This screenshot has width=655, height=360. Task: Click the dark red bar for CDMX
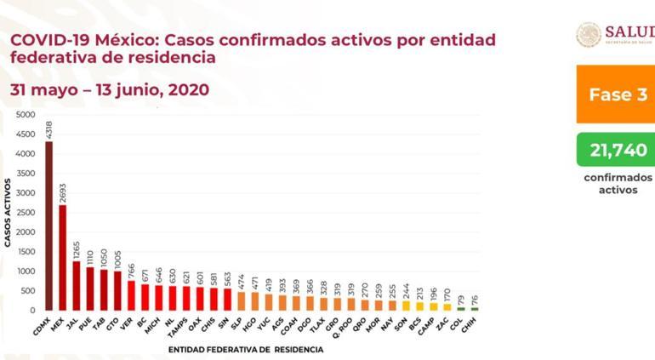point(48,226)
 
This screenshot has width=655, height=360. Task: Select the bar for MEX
point(62,257)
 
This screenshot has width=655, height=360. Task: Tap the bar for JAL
point(77,285)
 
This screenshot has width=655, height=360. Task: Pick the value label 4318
point(48,129)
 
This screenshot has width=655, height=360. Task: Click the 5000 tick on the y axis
point(26,114)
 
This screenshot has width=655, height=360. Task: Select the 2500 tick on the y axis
point(26,212)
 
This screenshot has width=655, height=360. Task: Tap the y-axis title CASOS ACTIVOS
point(8,213)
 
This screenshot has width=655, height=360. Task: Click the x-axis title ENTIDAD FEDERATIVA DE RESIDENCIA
point(245,349)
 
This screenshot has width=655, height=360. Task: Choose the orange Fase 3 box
point(615,94)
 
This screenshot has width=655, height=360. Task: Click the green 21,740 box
point(615,150)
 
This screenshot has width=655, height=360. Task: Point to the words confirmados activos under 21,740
point(618,184)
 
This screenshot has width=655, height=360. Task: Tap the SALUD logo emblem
point(589,34)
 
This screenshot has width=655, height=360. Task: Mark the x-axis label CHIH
point(474,323)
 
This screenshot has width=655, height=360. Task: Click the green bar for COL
point(461,308)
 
